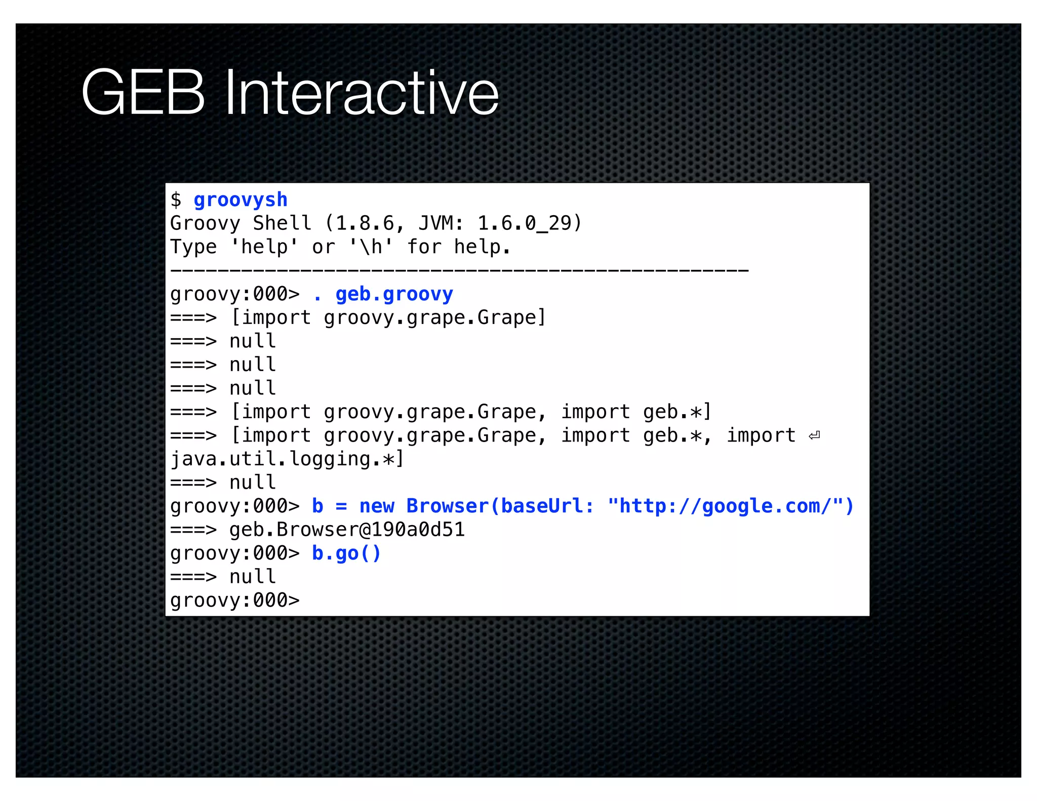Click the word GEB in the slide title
(x=143, y=93)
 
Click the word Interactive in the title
(x=362, y=93)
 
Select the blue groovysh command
(x=241, y=200)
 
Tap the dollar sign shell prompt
(x=176, y=200)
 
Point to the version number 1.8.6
(x=365, y=223)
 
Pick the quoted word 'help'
(x=264, y=247)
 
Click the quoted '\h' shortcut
(x=371, y=247)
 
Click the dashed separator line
(x=459, y=270)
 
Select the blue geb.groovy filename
(x=394, y=294)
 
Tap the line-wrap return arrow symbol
(x=814, y=436)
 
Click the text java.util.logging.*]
(x=287, y=459)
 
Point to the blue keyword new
(x=377, y=506)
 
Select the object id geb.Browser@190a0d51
(x=347, y=530)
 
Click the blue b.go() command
(x=346, y=553)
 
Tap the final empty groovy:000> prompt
(x=235, y=600)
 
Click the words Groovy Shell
(x=241, y=223)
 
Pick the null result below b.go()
(x=252, y=577)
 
